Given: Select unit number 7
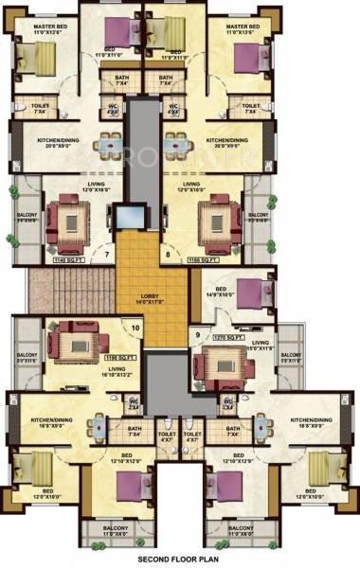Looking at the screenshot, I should [x=108, y=254].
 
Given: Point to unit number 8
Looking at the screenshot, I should [x=169, y=254].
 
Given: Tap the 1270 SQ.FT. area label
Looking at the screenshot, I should [x=232, y=337].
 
